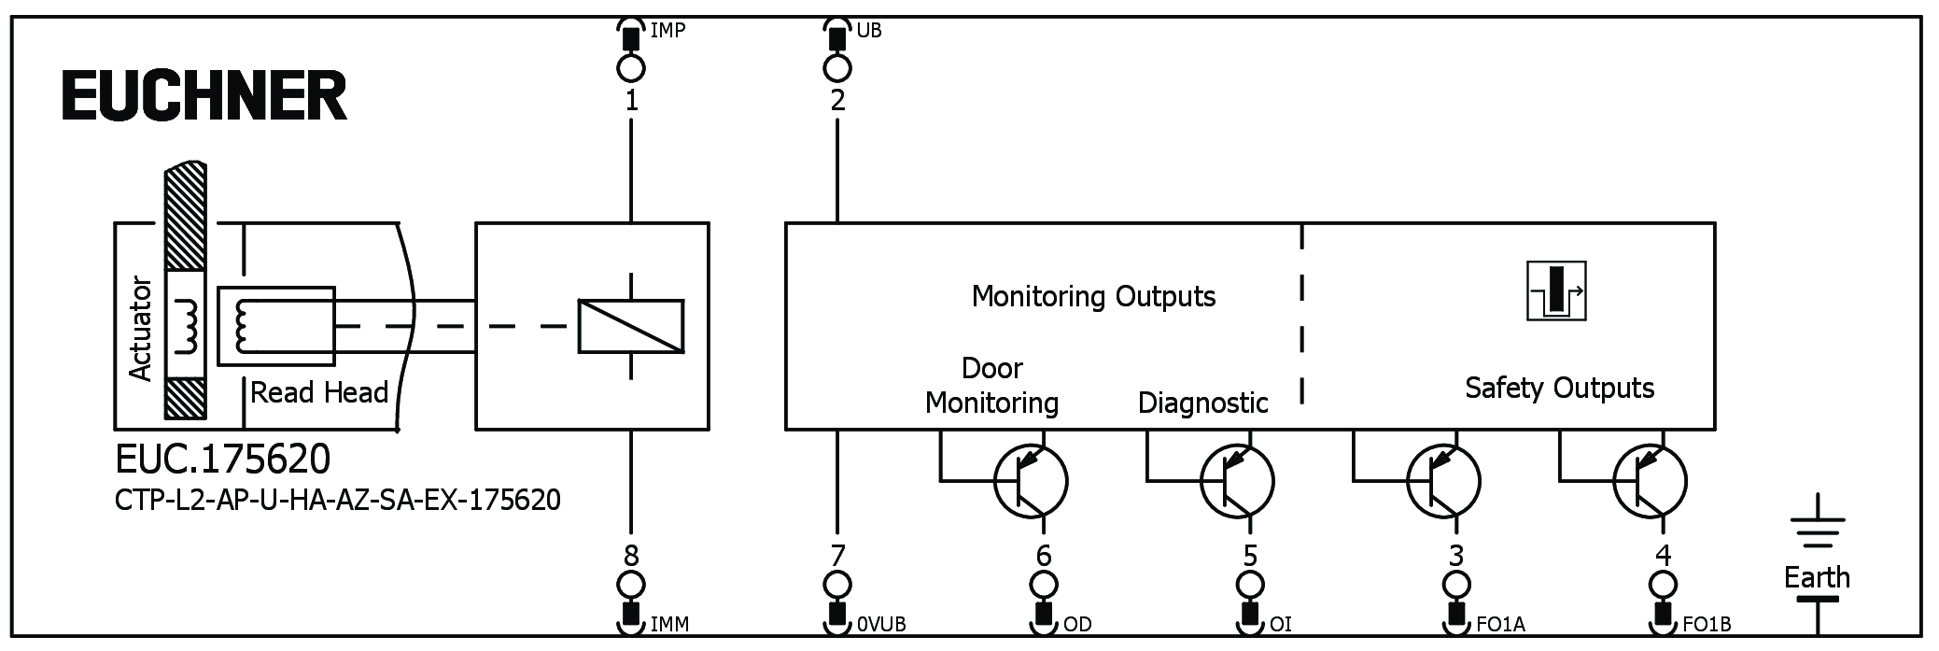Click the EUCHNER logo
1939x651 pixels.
[x=204, y=96]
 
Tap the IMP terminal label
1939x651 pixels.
[x=667, y=31]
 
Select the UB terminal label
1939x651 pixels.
[x=868, y=31]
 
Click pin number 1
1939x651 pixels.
[x=632, y=100]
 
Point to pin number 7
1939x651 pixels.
[x=837, y=556]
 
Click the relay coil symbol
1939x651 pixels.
[x=631, y=326]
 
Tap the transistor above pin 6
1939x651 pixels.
[x=1030, y=482]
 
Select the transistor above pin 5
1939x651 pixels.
[x=1236, y=482]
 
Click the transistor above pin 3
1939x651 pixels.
[x=1442, y=482]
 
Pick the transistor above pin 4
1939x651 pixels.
[x=1649, y=482]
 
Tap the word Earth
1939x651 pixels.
[x=1817, y=577]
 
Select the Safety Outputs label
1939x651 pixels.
[x=1559, y=388]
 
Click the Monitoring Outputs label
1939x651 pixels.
[x=1093, y=296]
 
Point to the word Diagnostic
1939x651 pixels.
[x=1202, y=403]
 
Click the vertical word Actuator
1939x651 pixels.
[x=140, y=328]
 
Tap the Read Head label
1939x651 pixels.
[x=318, y=392]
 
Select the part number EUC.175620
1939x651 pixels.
[x=222, y=460]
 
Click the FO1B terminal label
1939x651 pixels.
[x=1707, y=624]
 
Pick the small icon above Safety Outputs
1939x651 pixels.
[x=1556, y=291]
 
